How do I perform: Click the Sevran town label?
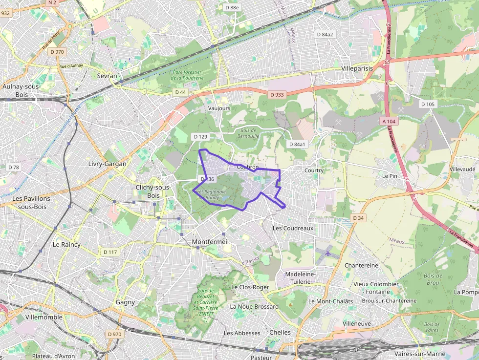pyautogui.click(x=107, y=76)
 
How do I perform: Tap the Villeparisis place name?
pyautogui.click(x=357, y=68)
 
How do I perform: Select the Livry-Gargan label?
pyautogui.click(x=107, y=164)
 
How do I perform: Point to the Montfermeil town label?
pyautogui.click(x=211, y=242)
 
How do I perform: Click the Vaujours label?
pyautogui.click(x=219, y=108)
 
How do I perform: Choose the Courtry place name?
pyautogui.click(x=314, y=170)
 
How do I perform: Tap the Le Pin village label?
pyautogui.click(x=390, y=175)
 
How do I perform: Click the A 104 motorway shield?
pyautogui.click(x=388, y=120)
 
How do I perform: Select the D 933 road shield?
pyautogui.click(x=276, y=94)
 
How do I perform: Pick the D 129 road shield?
pyautogui.click(x=200, y=136)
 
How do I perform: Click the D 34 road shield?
pyautogui.click(x=358, y=218)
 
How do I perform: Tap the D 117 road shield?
pyautogui.click(x=110, y=252)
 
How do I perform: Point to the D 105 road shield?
pyautogui.click(x=428, y=104)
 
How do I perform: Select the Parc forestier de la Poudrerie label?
pyautogui.click(x=187, y=74)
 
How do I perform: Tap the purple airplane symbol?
pyautogui.click(x=327, y=254)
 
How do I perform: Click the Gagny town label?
pyautogui.click(x=125, y=302)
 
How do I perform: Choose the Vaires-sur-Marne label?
pyautogui.click(x=421, y=354)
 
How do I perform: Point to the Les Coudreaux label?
pyautogui.click(x=293, y=228)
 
